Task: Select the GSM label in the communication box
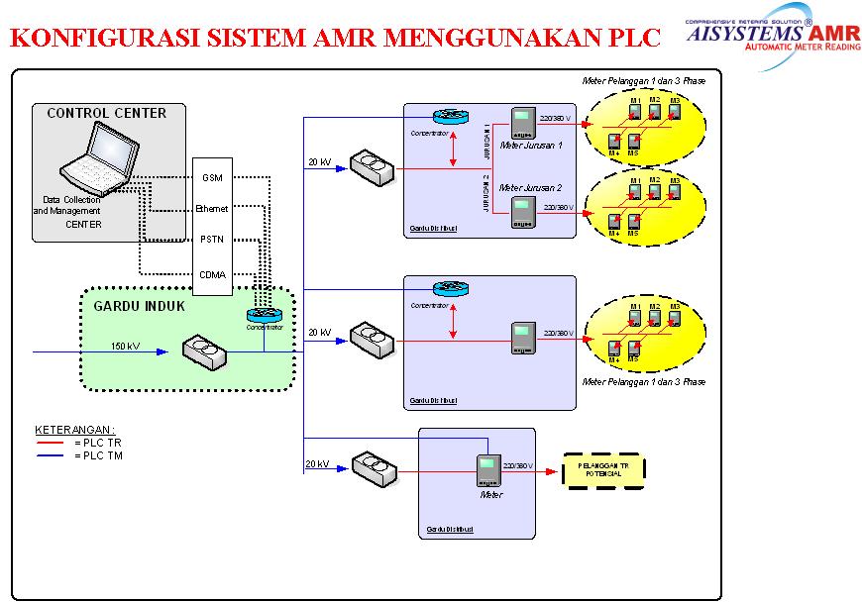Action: click(212, 178)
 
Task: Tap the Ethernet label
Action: click(212, 209)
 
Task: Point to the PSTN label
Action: click(212, 240)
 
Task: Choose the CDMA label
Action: click(212, 274)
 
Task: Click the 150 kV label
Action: click(126, 346)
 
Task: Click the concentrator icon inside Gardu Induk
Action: click(264, 315)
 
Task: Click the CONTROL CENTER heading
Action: click(107, 114)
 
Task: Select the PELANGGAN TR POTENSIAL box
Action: click(602, 470)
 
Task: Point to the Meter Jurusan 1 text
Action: click(531, 146)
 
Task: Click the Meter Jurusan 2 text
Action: click(531, 187)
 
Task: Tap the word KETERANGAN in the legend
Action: click(74, 430)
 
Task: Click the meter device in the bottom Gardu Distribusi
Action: click(486, 469)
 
